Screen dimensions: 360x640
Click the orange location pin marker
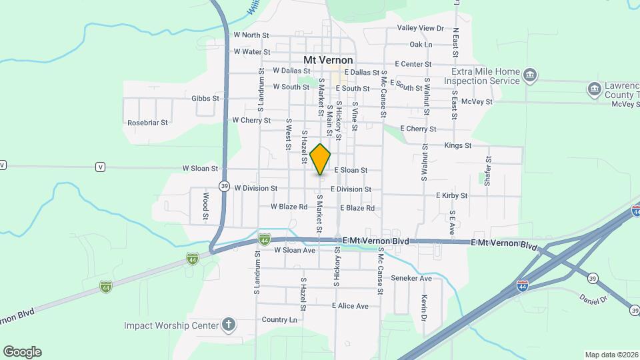tap(321, 159)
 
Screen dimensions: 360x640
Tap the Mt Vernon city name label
tap(328, 60)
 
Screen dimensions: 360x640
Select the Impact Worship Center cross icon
tap(228, 325)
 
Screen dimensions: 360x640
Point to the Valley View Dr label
tap(421, 28)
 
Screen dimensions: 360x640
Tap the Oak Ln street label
tap(421, 45)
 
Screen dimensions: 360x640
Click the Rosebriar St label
tap(147, 123)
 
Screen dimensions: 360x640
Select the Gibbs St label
tap(205, 98)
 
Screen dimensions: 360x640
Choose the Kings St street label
tap(458, 145)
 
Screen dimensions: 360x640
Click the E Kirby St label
tap(451, 195)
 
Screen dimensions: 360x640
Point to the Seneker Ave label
tap(411, 278)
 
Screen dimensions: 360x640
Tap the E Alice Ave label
tap(350, 306)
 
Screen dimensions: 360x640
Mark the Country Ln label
tap(279, 320)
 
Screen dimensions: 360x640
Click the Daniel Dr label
tap(594, 299)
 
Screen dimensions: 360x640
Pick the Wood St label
tap(206, 206)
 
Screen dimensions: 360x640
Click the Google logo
tap(22, 351)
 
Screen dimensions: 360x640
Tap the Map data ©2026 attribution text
tap(611, 355)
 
